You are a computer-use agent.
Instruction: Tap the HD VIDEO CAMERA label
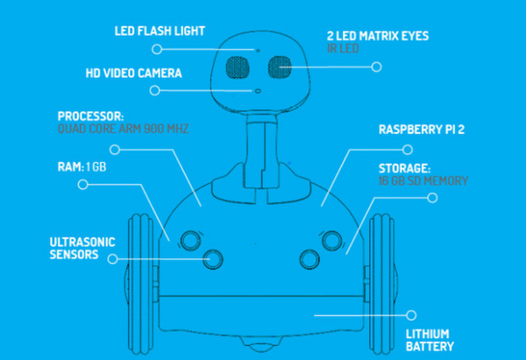click(x=134, y=73)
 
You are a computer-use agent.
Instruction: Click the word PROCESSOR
click(x=91, y=116)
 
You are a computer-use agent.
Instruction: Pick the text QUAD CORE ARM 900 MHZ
click(x=123, y=130)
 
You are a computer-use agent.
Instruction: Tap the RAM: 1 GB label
click(x=82, y=166)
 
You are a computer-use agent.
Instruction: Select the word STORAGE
click(x=405, y=166)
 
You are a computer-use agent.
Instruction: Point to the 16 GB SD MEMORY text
click(x=423, y=180)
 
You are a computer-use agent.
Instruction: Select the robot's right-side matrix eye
click(x=281, y=66)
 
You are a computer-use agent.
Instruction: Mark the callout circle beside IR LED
click(x=378, y=66)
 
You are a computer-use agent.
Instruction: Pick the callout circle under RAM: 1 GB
click(x=83, y=185)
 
